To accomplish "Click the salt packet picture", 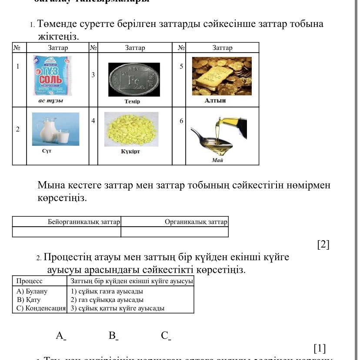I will pos(52,75).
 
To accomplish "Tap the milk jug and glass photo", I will pos(56,129).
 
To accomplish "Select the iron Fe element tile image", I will pos(134,79).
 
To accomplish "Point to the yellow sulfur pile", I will pos(131,129).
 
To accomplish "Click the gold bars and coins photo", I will pos(221,76).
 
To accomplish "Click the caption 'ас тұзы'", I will pos(51,101).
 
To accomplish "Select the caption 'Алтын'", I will pos(215,100).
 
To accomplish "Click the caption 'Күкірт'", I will pos(130,152).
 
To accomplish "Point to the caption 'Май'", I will pos(217,160).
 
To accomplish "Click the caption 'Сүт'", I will pos(47,151).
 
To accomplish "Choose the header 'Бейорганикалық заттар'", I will pos(83,222).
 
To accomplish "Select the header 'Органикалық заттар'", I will pos(196,222).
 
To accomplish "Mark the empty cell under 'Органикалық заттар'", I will pos(174,232).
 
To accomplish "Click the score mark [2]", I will pos(323,244).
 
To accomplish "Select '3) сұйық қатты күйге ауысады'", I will pos(117,308).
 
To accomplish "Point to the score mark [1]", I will pos(320,348).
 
